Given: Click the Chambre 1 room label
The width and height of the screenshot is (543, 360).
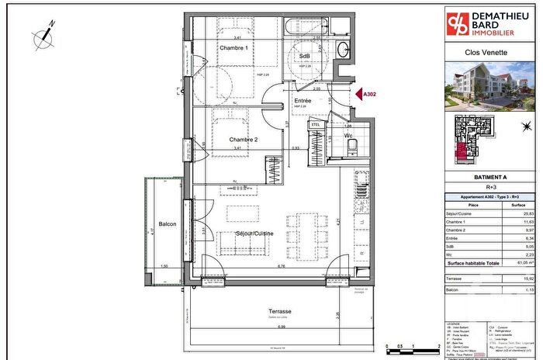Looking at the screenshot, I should point(233,49).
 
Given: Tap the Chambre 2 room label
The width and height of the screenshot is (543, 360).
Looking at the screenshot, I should point(244,140).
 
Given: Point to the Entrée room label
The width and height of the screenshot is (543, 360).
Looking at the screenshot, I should point(303,102).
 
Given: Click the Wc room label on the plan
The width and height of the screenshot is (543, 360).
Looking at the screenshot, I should point(348,135).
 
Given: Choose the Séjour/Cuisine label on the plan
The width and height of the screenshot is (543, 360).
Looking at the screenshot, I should point(258,234).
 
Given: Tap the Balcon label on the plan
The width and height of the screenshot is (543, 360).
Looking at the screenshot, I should point(167,225).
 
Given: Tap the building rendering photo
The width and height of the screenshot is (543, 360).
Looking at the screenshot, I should point(492,85).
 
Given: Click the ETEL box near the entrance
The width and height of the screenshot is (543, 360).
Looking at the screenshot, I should point(316,124).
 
